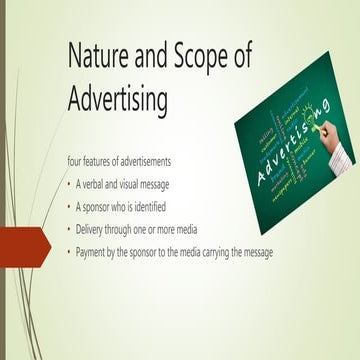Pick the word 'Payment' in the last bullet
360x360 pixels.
pos(92,252)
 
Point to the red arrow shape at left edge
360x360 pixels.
pos(24,242)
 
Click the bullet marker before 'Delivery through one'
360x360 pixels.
pos(69,229)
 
